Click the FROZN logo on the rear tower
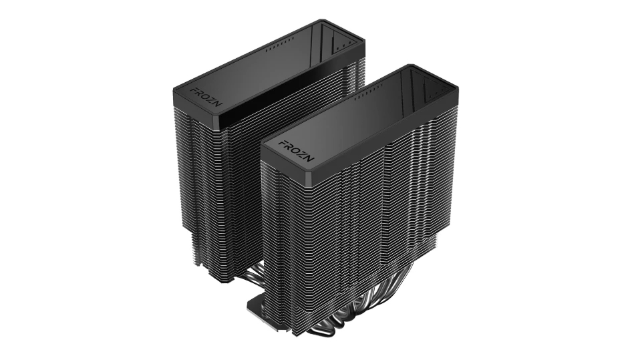click(206, 97)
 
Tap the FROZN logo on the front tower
click(296, 151)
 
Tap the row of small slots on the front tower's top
click(369, 92)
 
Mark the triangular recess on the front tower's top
click(432, 94)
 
